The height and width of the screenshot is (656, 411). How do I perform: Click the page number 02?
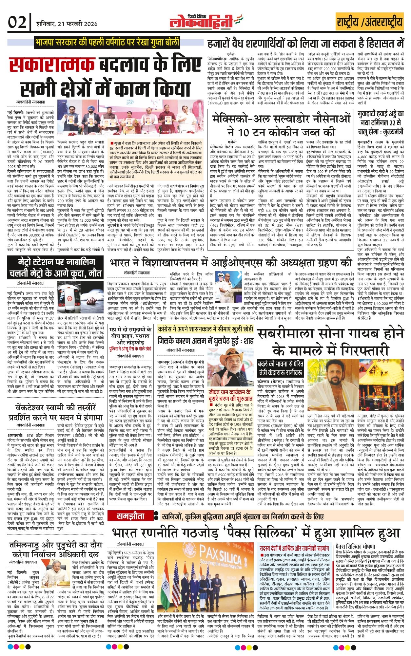17,22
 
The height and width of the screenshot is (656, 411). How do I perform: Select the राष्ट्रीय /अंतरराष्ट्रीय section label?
369,22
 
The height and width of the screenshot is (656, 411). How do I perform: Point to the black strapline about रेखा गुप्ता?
107,43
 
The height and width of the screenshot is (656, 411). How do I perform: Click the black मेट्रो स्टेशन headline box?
52,268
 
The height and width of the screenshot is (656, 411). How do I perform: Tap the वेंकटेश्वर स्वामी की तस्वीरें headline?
56,413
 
